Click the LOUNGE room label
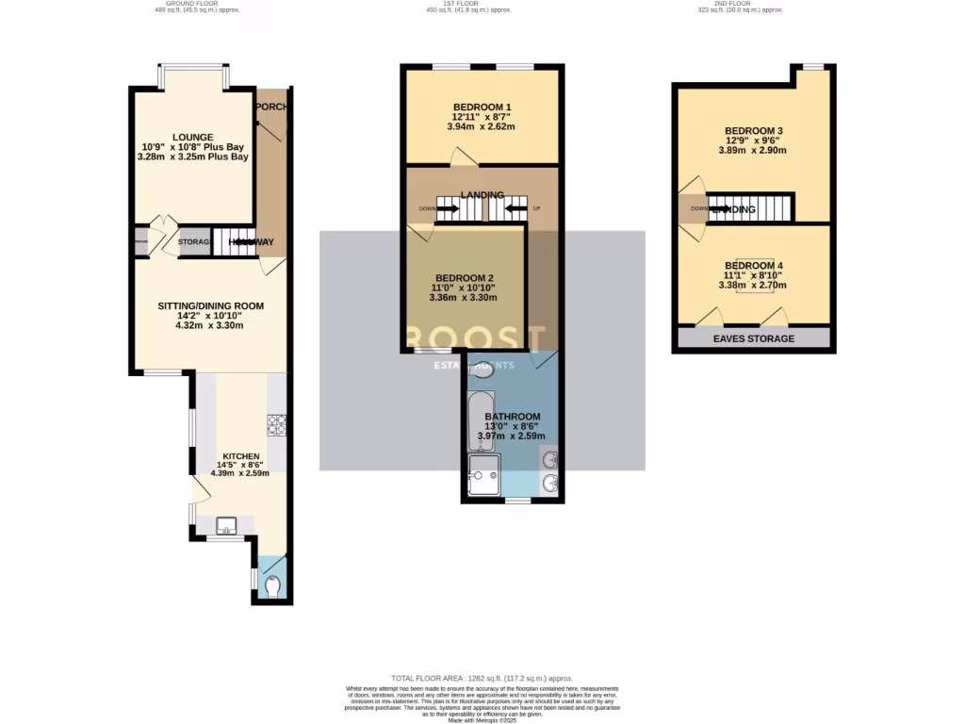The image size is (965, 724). point(192,137)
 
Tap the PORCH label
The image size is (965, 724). point(271,107)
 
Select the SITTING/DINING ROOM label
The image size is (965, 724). point(209,305)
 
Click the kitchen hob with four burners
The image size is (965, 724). point(278,425)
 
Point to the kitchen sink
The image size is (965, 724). point(226,524)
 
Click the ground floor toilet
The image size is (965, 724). point(273,587)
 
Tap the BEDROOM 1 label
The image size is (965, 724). point(482,107)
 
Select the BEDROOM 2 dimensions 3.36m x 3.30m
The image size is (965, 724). point(463,298)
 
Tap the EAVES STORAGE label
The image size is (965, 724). point(753,338)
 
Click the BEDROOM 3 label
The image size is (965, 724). point(753,130)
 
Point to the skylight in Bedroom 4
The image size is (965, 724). point(753,275)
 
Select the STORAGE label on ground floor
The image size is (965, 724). point(194,242)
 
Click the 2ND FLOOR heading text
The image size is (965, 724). point(733,4)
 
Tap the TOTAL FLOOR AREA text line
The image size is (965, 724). point(482,679)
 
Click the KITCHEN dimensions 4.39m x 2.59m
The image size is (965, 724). point(239,473)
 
